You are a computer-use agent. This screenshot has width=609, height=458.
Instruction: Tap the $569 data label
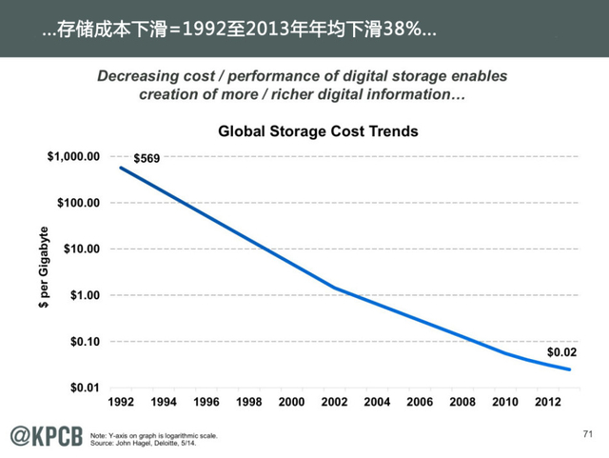pos(147,159)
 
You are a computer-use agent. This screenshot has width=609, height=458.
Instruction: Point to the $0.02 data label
pos(561,352)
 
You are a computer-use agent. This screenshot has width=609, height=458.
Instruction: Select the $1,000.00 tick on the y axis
pos(74,156)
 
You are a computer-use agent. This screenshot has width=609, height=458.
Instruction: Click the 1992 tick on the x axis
pos(122,403)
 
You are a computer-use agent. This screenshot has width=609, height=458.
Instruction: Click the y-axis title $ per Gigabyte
pos(43,271)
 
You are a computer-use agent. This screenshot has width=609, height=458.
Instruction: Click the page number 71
pos(586,434)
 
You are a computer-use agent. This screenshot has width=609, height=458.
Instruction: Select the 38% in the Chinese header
pos(399,30)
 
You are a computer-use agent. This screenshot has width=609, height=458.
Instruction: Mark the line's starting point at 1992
pos(121,168)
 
